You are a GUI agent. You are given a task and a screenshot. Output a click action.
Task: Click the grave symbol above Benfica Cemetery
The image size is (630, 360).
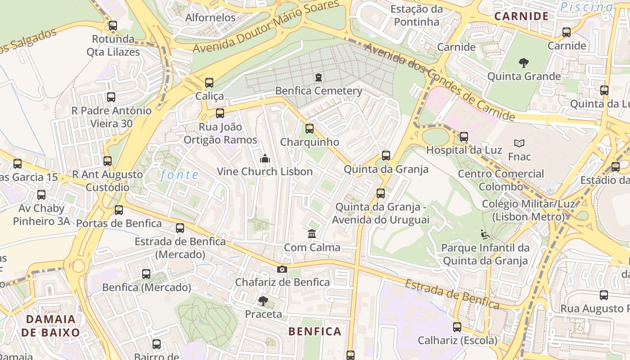point(319,77)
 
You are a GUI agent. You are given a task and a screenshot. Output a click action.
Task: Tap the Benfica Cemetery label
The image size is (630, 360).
point(319,91)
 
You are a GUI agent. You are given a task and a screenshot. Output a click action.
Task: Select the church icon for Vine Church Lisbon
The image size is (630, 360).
point(265,158)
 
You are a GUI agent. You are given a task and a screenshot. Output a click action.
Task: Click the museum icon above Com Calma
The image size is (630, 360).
point(312,234)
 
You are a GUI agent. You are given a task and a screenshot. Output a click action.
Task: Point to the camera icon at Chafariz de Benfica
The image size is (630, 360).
point(282,269)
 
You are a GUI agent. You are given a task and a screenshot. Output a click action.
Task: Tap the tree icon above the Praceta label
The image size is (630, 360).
point(263,301)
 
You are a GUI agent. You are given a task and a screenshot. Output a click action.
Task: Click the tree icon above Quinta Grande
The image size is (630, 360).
point(524,63)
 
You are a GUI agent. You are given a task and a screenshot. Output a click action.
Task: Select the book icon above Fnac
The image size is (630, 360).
point(519,143)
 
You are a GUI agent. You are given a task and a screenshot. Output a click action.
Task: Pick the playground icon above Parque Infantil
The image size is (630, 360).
point(485,234)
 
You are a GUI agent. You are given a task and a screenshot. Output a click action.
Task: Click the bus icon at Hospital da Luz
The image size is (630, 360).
point(464,136)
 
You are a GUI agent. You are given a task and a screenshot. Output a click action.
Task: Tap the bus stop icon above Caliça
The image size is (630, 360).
point(209,83)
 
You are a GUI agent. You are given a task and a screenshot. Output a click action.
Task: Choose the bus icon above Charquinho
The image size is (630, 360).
point(310,129)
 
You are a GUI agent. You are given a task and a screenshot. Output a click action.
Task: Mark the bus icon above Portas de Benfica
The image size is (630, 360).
point(119,210)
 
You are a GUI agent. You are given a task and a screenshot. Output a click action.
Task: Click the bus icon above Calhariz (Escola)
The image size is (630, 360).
point(457,327)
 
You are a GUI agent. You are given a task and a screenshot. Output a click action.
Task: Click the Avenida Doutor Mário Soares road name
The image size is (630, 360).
point(265,27)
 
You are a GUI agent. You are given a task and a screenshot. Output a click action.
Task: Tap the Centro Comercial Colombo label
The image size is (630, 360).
point(500,180)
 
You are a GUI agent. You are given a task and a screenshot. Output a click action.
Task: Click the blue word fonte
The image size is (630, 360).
point(180,175)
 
